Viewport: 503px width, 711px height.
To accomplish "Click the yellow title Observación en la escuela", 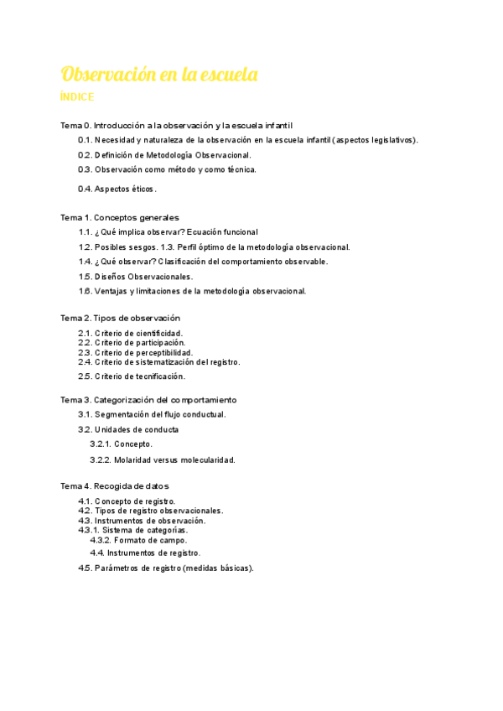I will (158, 75).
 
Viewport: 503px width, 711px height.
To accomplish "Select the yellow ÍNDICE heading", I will (77, 97).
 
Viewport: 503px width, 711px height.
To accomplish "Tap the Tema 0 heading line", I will (176, 125).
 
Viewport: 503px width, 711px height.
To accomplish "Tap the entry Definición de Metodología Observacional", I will (164, 154).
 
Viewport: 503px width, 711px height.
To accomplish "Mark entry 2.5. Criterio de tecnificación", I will (132, 376).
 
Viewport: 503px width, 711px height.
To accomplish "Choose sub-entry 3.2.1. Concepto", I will (122, 444).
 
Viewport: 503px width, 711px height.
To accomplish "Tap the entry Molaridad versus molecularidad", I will (163, 460).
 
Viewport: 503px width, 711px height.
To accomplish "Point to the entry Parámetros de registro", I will (165, 568).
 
